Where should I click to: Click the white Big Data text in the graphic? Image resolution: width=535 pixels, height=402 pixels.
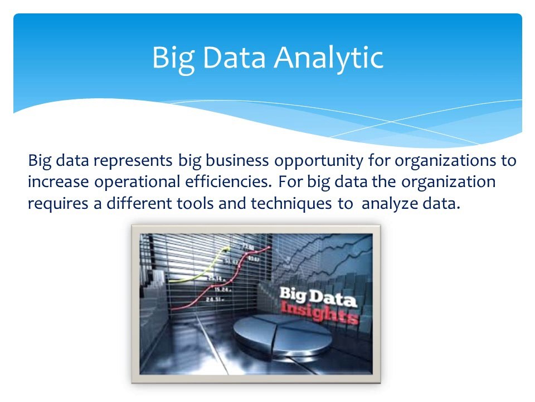coord(317,296)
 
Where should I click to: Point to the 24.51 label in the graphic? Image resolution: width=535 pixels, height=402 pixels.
coord(214,300)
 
